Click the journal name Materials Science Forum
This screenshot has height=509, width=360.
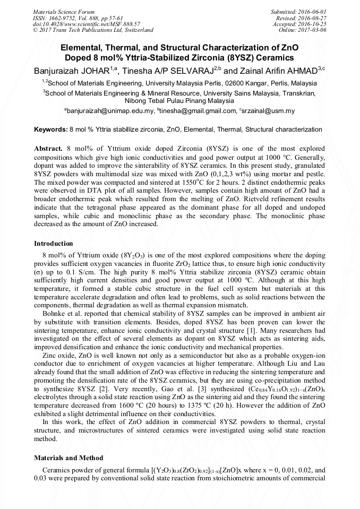point(64,11)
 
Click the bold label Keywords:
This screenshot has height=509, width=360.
point(50,130)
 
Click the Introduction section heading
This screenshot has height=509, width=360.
point(53,244)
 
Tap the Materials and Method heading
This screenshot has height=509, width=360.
point(68,458)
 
